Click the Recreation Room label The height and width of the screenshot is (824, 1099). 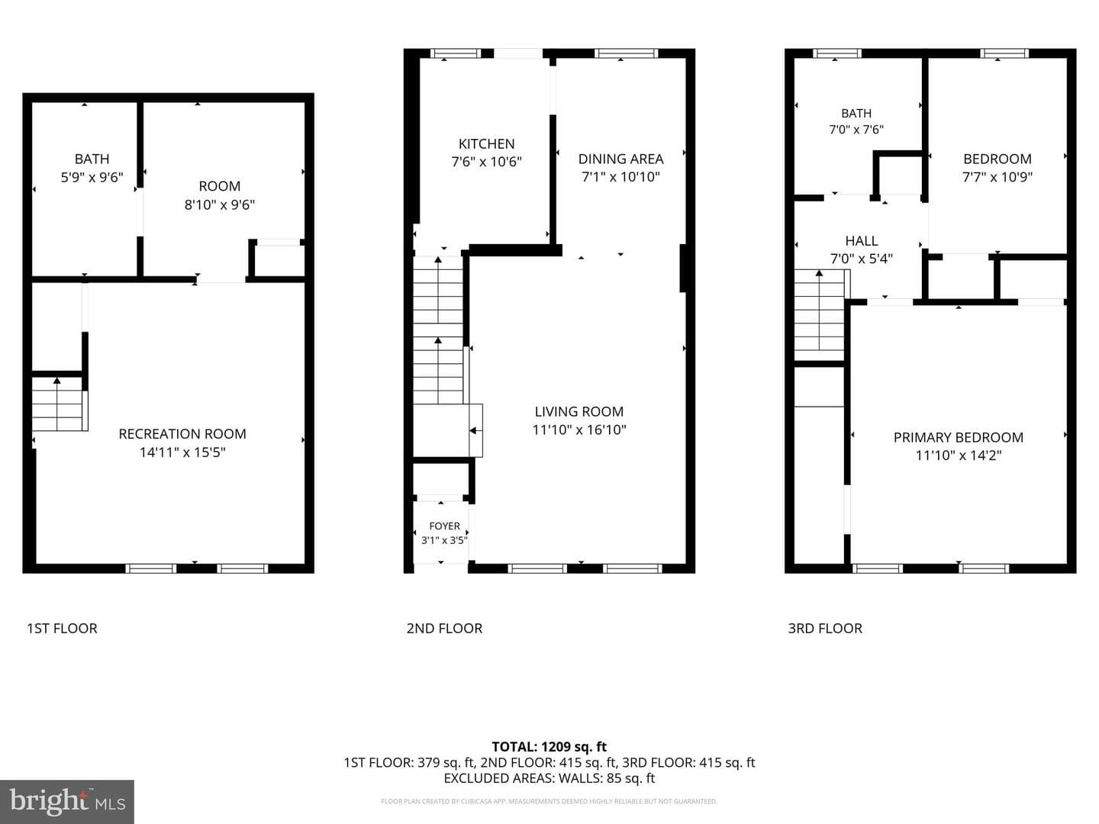pos(182,434)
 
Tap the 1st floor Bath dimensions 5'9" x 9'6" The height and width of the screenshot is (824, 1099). pos(92,177)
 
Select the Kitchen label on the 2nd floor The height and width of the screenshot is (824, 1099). pos(487,144)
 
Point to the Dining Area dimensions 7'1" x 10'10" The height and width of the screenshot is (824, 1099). pos(620,176)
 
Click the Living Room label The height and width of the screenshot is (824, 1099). pos(579,412)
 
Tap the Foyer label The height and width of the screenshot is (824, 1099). pos(445,526)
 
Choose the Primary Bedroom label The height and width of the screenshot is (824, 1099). pos(959,437)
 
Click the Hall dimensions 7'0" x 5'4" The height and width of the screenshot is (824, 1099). pos(862,259)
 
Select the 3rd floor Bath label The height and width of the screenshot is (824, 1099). pos(856,114)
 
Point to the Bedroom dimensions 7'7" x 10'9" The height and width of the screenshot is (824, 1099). pos(997,176)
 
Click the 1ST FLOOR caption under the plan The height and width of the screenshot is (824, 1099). pos(62,629)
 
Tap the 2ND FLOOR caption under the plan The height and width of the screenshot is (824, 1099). pos(445,629)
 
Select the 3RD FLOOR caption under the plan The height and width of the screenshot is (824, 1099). pos(825,629)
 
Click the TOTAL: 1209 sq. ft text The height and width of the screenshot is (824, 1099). pos(549,747)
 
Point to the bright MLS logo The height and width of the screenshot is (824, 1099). pos(67,801)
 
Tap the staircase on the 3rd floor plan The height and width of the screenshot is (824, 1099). pos(820,314)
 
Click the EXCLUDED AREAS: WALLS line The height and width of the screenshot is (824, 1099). pos(549,778)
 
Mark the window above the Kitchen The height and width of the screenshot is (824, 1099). pos(456,53)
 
